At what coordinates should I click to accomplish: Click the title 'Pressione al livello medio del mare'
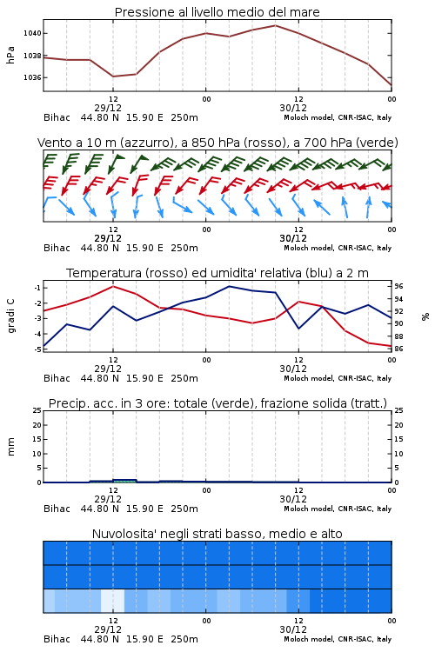point(217,12)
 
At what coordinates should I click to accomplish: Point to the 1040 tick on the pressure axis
point(32,33)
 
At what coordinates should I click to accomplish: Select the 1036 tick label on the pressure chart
point(32,77)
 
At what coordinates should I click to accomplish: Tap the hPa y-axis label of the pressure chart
point(10,55)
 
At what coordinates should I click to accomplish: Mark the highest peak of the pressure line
point(275,25)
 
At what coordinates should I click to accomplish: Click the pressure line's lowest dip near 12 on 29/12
point(113,77)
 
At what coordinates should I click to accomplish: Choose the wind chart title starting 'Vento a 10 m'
point(217,143)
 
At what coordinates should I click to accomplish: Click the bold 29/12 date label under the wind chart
point(108,238)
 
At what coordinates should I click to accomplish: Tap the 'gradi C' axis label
point(10,316)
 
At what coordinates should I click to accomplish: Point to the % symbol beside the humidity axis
point(425,316)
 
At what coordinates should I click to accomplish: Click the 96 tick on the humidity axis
point(398,286)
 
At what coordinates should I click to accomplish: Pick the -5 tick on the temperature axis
point(37,349)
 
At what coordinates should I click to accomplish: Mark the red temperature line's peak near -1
point(113,286)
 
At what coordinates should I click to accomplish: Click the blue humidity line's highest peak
point(229,286)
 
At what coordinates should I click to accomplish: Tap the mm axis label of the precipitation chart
point(10,447)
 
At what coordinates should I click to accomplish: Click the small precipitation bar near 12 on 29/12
point(125,481)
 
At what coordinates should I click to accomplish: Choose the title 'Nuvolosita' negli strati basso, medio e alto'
point(217,534)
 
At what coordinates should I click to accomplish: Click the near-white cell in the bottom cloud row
point(113,601)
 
